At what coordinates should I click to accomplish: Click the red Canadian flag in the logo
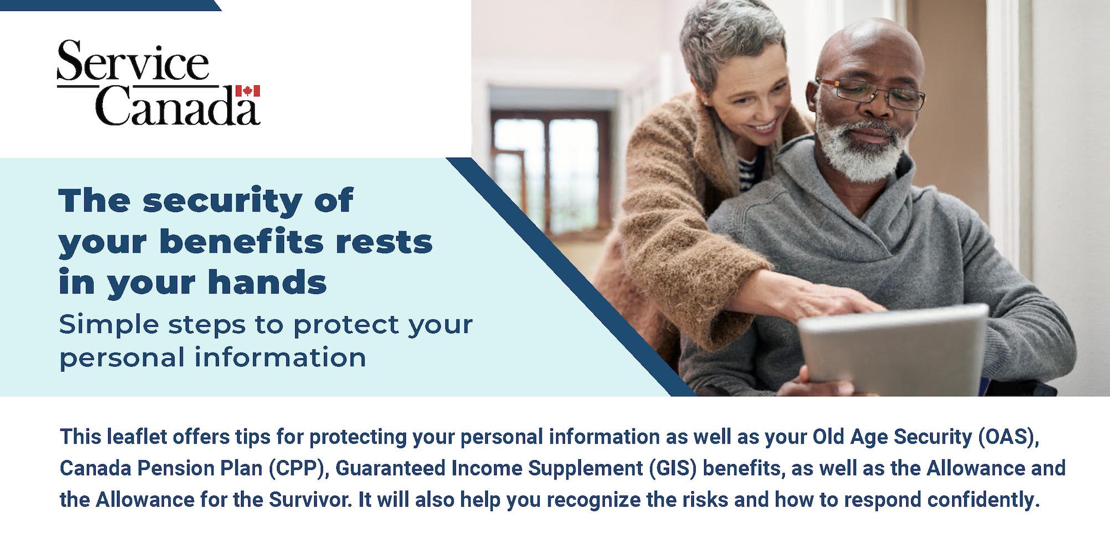click(x=248, y=91)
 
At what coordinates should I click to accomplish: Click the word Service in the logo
click(x=133, y=61)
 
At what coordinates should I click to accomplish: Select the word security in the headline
click(x=222, y=200)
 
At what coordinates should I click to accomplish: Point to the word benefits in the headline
click(x=241, y=241)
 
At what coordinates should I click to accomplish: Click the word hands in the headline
click(x=267, y=282)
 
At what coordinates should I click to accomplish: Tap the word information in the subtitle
click(x=280, y=357)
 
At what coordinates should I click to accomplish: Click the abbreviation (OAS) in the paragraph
click(x=1008, y=437)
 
